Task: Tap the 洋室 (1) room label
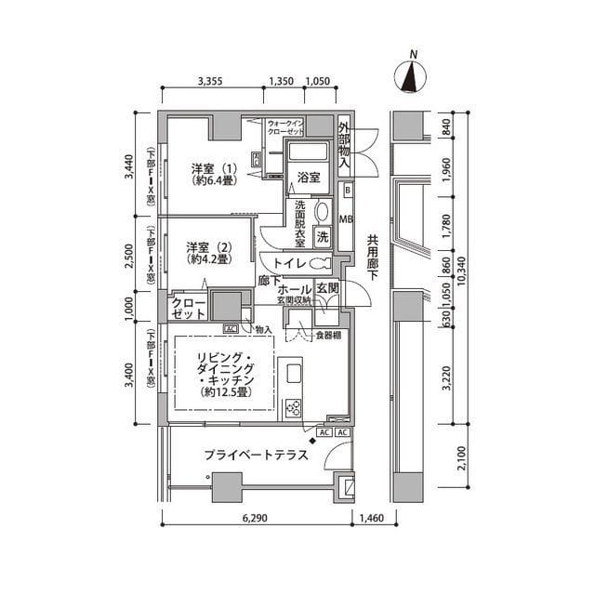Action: (x=214, y=175)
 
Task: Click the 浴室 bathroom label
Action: (x=309, y=176)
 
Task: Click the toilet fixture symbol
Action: (x=322, y=263)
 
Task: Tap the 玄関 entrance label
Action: (x=328, y=289)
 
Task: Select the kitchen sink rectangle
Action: (x=293, y=373)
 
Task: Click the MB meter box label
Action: (x=346, y=219)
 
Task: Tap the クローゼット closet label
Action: (x=188, y=309)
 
